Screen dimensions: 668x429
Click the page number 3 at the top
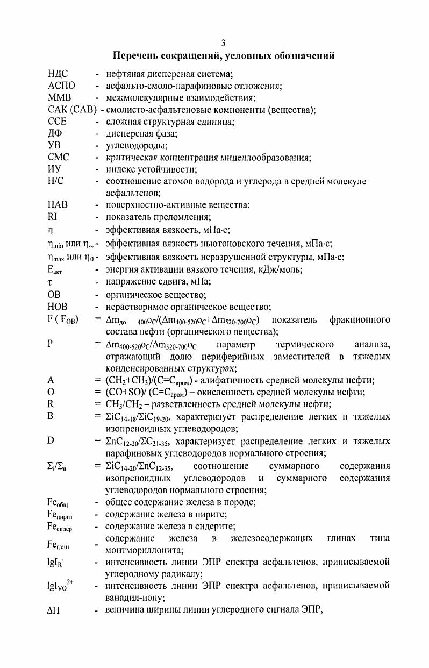224,43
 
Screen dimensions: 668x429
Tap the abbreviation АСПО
61,86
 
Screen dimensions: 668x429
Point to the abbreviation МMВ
60,98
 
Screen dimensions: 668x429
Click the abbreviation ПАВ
59,205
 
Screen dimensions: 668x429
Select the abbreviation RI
52,217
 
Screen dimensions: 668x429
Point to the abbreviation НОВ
59,307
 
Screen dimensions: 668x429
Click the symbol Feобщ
58,503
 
